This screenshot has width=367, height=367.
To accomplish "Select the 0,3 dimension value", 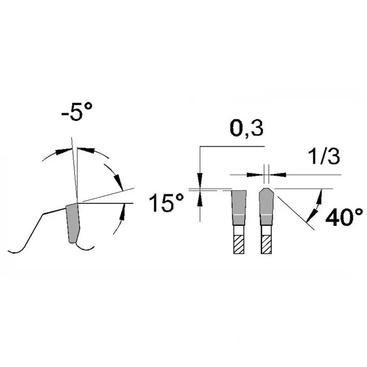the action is click(x=247, y=129).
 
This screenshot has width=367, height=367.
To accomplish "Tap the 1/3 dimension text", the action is click(x=324, y=156).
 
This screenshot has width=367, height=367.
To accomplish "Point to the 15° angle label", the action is click(x=166, y=203).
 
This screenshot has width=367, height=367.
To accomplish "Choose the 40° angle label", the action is click(x=344, y=217).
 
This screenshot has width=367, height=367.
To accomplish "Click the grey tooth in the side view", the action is click(x=73, y=223).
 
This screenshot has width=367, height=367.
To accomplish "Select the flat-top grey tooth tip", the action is click(x=239, y=207).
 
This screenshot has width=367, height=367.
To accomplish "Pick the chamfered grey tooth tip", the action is click(x=267, y=206).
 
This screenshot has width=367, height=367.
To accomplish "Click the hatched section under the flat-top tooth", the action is click(x=239, y=244).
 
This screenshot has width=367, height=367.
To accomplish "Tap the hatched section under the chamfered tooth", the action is click(x=267, y=244).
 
